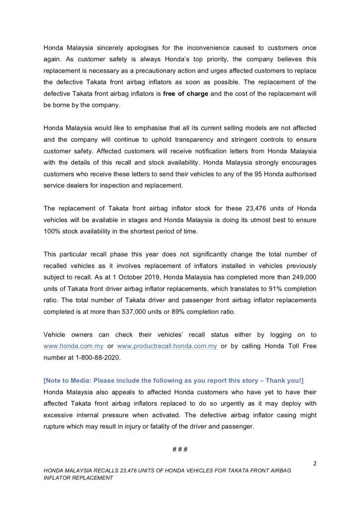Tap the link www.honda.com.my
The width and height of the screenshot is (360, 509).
coord(75,346)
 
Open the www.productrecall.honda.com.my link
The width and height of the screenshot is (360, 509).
coord(167,346)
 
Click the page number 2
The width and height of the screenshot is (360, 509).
coord(315,464)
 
